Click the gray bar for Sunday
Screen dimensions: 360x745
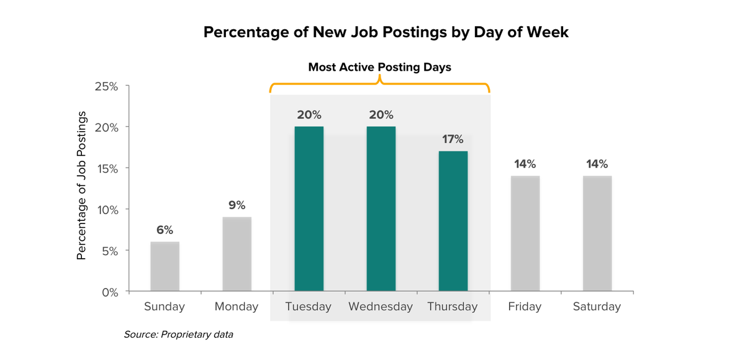point(165,267)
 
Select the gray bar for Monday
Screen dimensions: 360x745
point(237,254)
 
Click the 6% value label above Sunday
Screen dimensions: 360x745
point(165,230)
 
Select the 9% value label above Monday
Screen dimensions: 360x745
point(237,205)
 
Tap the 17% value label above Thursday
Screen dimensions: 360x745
point(453,139)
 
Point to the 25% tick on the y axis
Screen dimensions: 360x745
point(106,86)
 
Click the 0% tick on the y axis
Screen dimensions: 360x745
point(110,292)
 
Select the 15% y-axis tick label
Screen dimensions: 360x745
point(106,168)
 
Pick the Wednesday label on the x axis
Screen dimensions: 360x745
point(381,307)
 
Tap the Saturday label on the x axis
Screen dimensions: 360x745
point(597,307)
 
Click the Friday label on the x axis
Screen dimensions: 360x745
point(525,307)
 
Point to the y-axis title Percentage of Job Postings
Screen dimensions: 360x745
point(81,186)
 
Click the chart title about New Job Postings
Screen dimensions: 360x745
point(386,32)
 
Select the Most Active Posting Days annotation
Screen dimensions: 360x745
point(379,67)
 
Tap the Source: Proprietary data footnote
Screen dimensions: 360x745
point(178,335)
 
